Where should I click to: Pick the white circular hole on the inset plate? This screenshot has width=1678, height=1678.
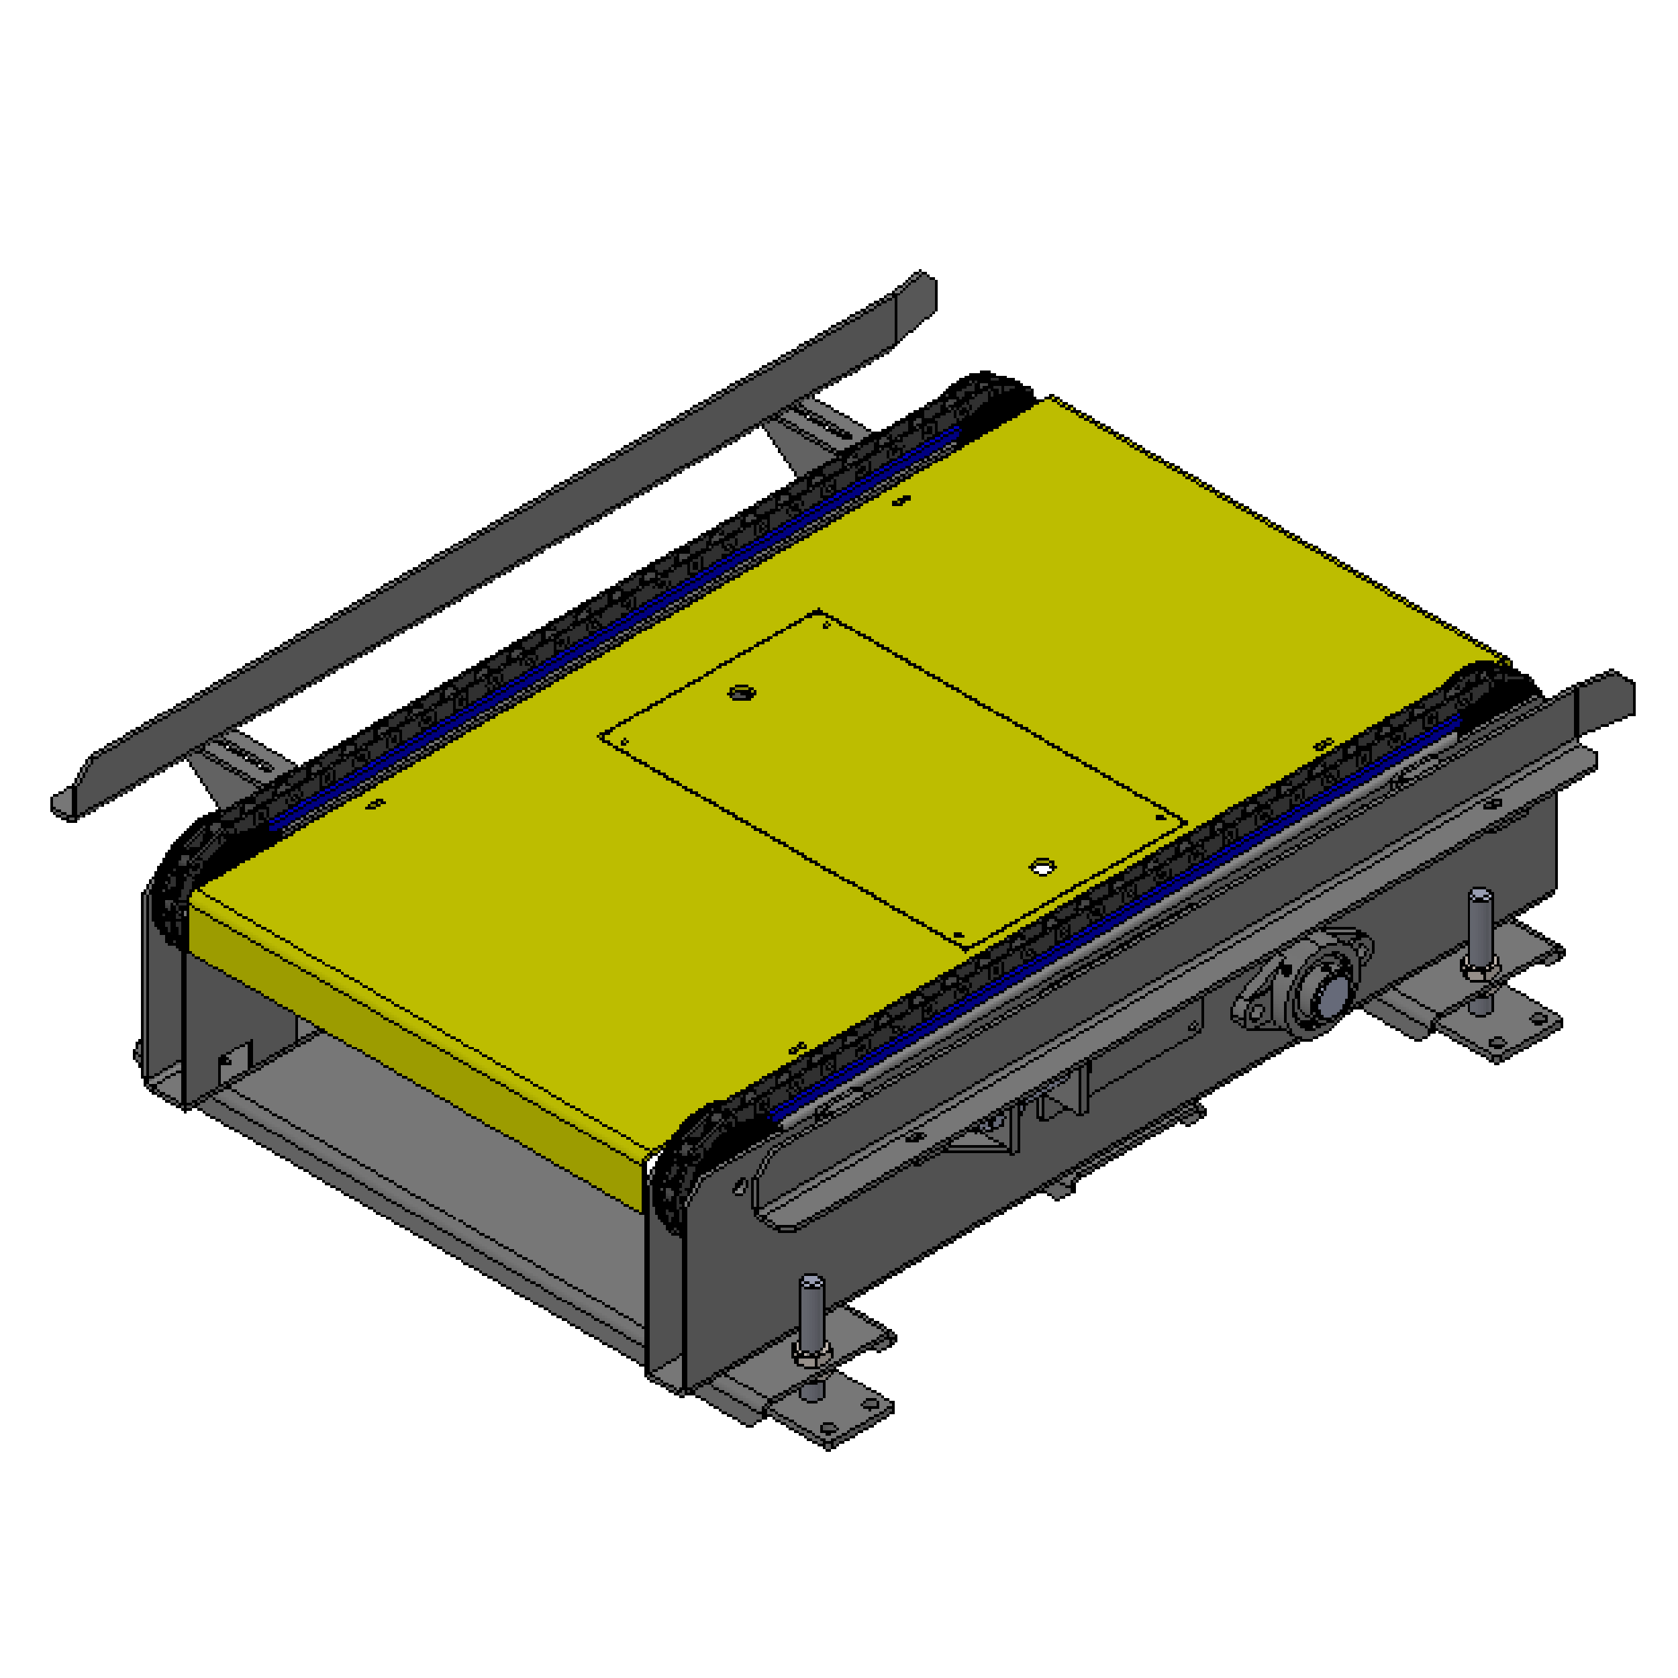[x=1042, y=867]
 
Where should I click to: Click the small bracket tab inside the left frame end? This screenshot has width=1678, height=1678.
[x=234, y=1061]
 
